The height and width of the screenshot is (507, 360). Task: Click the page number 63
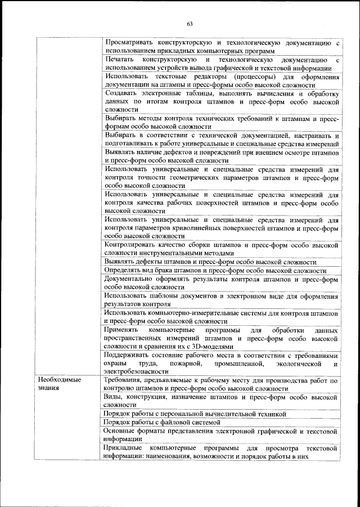pos(190,24)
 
